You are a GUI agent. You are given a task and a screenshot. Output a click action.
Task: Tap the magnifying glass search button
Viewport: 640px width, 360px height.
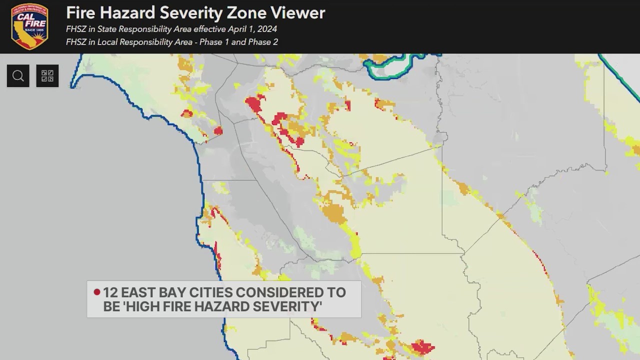(x=18, y=76)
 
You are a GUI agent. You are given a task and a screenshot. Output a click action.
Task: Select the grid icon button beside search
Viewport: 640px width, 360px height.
(x=47, y=76)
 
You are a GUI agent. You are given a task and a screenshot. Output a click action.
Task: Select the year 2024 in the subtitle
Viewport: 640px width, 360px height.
(x=266, y=29)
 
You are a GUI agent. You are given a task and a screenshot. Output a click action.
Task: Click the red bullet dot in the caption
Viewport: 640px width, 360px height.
(x=97, y=292)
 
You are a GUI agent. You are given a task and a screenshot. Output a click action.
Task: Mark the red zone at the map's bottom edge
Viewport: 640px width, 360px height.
(x=421, y=347)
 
